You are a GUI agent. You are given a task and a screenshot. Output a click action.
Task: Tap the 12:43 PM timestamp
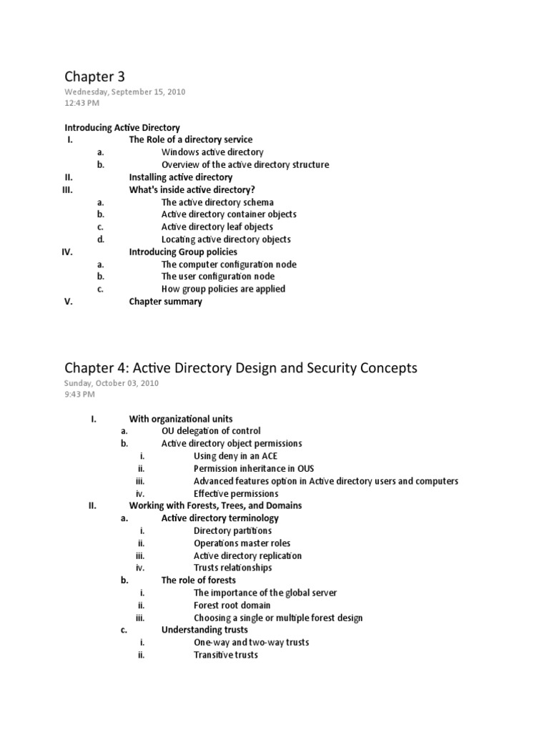tap(82, 103)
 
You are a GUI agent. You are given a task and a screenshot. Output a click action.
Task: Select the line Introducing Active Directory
tap(122, 127)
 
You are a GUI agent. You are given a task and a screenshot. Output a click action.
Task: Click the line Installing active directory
tap(180, 177)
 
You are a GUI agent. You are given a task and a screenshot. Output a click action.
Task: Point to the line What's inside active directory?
tap(192, 189)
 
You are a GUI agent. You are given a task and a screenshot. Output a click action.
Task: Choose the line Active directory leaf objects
tap(217, 227)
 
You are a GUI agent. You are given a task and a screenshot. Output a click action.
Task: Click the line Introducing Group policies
tap(183, 252)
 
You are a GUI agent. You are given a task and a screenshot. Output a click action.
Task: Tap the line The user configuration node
tap(217, 276)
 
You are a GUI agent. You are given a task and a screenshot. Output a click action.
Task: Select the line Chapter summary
tap(165, 301)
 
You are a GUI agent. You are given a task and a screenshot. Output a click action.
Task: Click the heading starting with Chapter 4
tap(241, 367)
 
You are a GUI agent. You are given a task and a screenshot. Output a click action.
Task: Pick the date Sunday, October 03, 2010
tap(112, 383)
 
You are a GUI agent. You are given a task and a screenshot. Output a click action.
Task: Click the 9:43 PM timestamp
tap(79, 394)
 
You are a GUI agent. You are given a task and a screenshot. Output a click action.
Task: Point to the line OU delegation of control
tap(211, 430)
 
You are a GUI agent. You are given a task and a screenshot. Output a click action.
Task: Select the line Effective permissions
tap(236, 493)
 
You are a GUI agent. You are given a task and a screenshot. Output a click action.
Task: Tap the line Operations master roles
tap(242, 543)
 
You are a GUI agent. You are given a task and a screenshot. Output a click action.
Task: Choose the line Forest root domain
tap(232, 605)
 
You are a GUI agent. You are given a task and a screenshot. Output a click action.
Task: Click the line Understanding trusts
tap(204, 630)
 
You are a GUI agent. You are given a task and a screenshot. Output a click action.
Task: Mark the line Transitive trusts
tap(226, 654)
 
